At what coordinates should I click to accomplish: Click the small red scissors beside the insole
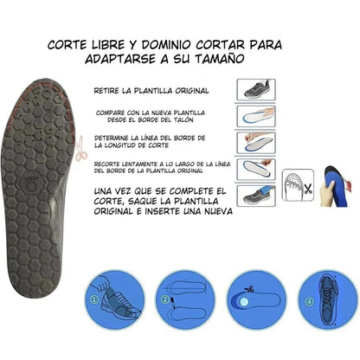[x=80, y=149]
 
